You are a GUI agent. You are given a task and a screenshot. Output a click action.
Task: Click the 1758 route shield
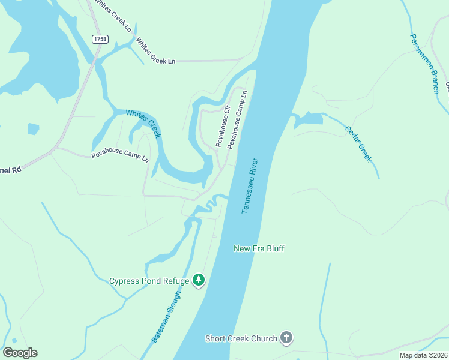(100, 39)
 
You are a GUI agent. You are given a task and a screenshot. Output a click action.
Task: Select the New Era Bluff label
(259, 248)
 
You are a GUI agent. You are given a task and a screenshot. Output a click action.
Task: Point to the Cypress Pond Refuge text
(149, 281)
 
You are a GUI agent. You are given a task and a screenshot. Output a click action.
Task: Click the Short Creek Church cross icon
(286, 338)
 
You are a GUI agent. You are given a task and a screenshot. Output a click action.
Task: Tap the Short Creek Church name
(241, 338)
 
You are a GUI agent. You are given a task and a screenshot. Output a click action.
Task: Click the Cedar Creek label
(358, 143)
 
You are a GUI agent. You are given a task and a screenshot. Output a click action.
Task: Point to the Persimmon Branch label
(424, 63)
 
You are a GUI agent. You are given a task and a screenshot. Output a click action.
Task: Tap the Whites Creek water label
(143, 124)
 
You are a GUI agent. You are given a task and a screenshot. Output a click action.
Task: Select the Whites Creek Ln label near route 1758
(155, 52)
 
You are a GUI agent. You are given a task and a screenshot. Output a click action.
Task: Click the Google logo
(20, 353)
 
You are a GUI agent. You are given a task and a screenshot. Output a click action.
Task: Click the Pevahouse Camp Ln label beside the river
(237, 120)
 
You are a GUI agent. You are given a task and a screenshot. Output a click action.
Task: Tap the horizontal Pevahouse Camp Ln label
(119, 156)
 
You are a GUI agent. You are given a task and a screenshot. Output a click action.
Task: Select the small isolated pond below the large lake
(33, 128)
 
